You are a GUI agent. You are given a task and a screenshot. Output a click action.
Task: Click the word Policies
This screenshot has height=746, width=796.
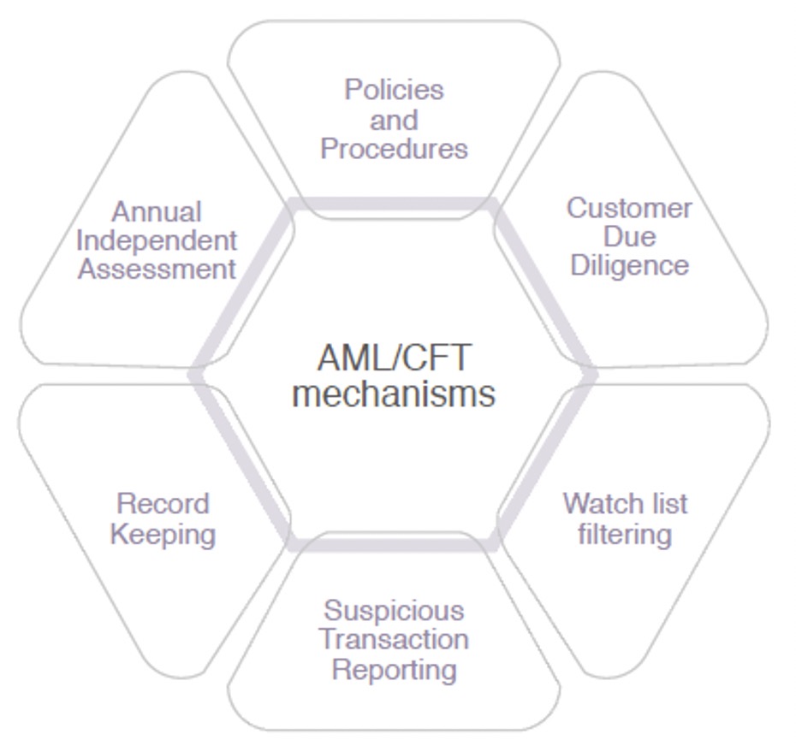[x=394, y=90]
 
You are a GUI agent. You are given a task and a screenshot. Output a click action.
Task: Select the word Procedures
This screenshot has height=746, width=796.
[x=394, y=149]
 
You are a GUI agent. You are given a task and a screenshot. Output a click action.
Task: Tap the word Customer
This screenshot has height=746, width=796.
[x=629, y=208]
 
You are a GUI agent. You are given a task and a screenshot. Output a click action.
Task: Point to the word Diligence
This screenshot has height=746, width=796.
[x=629, y=265]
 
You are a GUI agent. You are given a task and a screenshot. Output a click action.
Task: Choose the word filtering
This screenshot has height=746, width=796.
[x=625, y=535]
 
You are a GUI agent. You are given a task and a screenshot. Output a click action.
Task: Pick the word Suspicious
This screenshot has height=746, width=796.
[x=394, y=611]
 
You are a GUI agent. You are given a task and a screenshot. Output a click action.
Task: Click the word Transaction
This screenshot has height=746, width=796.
[x=394, y=640]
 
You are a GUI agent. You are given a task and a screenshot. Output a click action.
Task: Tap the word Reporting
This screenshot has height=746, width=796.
[x=394, y=669]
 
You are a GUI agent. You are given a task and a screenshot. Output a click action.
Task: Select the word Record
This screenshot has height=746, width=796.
[x=163, y=504]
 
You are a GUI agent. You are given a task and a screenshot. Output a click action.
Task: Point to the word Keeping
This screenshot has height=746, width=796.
[x=163, y=535]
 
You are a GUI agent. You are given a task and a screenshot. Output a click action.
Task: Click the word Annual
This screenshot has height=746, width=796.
[x=157, y=211]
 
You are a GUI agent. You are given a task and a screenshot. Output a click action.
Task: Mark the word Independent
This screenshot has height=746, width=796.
[x=157, y=240]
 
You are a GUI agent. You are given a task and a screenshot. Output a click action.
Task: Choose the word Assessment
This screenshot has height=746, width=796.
[x=157, y=269]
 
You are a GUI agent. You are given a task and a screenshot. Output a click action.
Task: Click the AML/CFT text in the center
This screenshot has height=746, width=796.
[x=394, y=358]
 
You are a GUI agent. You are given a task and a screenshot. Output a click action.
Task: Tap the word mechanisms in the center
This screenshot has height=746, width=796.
[x=394, y=394]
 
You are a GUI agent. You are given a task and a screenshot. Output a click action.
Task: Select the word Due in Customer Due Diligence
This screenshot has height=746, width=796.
[x=629, y=237]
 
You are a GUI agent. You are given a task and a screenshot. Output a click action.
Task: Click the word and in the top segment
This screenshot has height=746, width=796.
[x=394, y=120]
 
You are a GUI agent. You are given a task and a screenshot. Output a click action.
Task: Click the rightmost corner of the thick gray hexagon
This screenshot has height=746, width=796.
[x=593, y=374]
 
